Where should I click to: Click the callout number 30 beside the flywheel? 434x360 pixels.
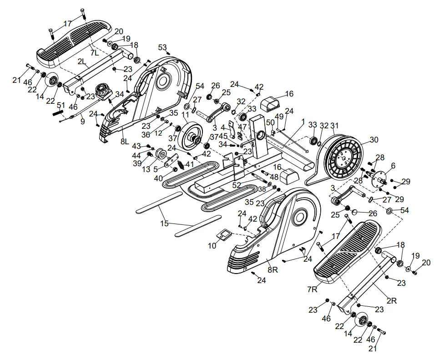pyautogui.click(x=374, y=140)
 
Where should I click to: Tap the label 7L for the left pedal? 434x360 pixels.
pyautogui.click(x=94, y=53)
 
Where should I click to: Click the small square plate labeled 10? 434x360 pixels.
pyautogui.click(x=225, y=235)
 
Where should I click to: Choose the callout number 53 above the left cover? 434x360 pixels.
pyautogui.click(x=162, y=48)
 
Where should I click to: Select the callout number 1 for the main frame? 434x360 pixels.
pyautogui.click(x=303, y=121)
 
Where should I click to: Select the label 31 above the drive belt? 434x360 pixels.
pyautogui.click(x=335, y=126)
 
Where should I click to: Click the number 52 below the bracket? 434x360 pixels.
pyautogui.click(x=237, y=185)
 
